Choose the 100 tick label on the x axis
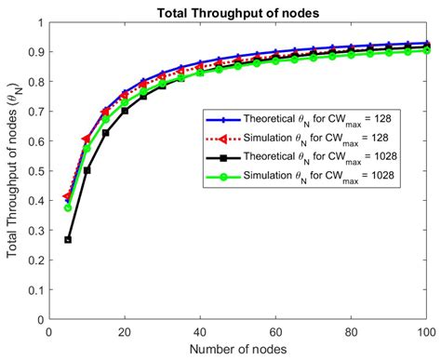click(x=427, y=330)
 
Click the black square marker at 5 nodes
click(x=68, y=239)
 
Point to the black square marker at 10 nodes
click(x=87, y=170)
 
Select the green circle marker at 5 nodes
click(x=68, y=207)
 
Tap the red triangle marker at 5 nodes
click(x=67, y=197)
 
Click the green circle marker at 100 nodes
click(x=427, y=50)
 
